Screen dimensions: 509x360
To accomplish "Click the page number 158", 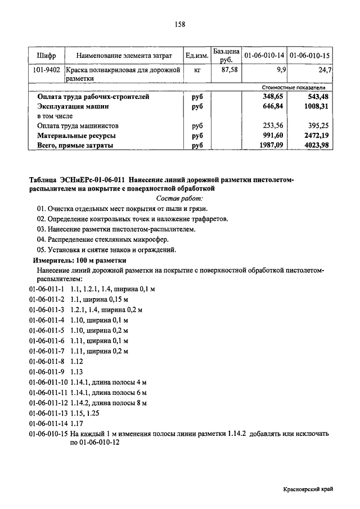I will click(180, 24).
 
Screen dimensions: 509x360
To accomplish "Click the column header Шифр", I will click(46, 56).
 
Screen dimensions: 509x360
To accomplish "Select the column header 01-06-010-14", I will click(263, 56).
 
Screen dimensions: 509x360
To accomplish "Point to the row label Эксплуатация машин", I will click(73, 106).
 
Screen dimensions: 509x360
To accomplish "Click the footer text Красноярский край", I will click(309, 489).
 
